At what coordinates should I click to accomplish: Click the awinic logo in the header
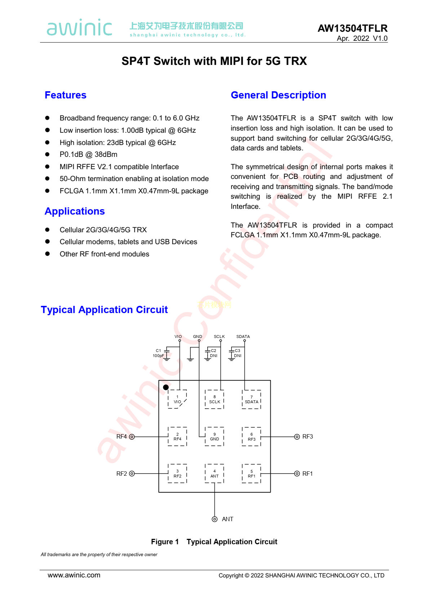point(79,28)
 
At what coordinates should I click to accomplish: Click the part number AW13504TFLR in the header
point(352,28)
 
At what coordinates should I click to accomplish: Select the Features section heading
point(65,95)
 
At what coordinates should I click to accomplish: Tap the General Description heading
point(278,95)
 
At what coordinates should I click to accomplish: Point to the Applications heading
point(75,211)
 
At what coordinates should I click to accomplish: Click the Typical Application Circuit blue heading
point(104,310)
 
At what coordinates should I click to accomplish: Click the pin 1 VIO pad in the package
point(177,399)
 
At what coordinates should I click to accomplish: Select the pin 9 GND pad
point(214,436)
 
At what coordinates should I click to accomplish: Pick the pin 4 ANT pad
point(214,474)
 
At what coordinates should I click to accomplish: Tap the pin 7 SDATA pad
point(252,399)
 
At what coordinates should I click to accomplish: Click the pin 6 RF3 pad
point(252,436)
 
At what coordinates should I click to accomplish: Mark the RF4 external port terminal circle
point(132,437)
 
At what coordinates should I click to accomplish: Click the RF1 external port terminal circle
point(297,474)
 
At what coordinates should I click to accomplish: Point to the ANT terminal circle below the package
point(214,519)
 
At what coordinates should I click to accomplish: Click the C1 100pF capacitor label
point(158,353)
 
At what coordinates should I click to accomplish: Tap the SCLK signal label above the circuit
point(219,337)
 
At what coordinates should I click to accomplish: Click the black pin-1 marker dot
point(166,387)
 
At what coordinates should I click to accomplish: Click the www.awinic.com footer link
point(74,575)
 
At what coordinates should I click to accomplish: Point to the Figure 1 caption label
point(165,542)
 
